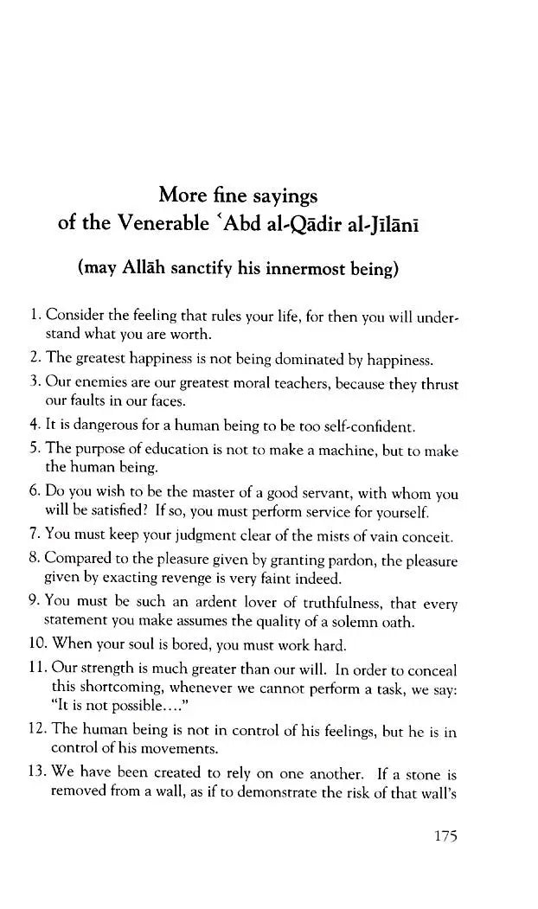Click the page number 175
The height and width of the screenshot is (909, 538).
pyautogui.click(x=442, y=836)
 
